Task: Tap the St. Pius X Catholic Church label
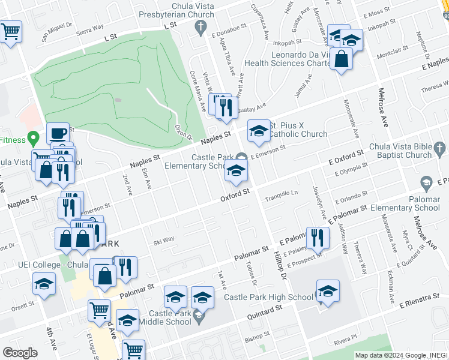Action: (x=298, y=130)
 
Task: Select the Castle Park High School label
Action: (x=268, y=297)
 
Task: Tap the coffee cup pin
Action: (x=58, y=133)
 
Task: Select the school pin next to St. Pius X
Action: (x=259, y=131)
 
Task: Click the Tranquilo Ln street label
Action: (x=282, y=193)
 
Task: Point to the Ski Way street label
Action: (x=163, y=239)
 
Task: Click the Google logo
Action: (x=20, y=353)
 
